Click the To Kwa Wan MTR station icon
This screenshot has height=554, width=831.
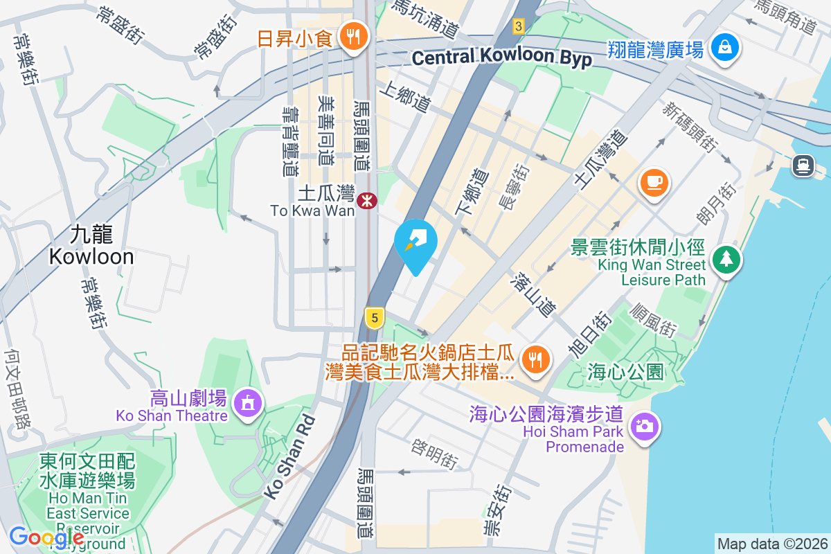366,199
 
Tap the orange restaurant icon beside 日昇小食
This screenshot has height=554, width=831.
354,37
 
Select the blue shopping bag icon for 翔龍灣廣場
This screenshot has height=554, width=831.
724,48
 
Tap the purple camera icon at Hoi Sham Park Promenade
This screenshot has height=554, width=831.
645,425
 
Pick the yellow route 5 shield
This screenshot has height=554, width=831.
374,318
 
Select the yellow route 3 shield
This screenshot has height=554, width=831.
519,26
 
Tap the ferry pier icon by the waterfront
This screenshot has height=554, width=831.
803,165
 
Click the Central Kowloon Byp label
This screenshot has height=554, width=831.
502,57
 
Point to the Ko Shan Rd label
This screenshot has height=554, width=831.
289,457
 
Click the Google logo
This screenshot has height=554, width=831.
47,537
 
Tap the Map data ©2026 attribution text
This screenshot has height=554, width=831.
771,544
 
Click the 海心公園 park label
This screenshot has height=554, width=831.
625,372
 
